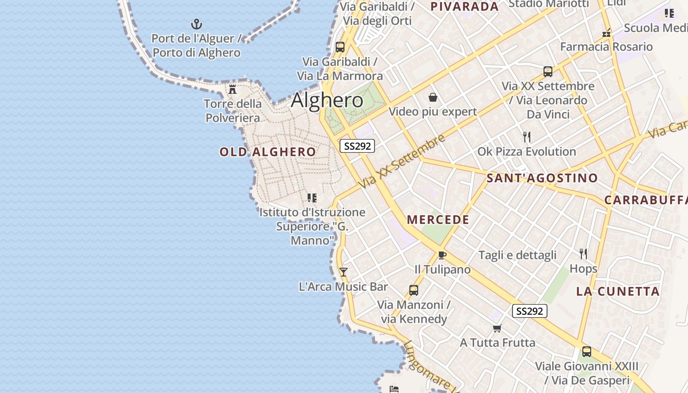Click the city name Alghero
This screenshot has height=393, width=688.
click(327, 100)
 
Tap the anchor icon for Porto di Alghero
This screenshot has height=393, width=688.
click(197, 24)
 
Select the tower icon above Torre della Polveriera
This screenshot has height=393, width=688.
click(232, 89)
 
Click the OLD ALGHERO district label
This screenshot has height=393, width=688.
click(268, 152)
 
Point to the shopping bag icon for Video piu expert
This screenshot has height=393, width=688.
click(433, 97)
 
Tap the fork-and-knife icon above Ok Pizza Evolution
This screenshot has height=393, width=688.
click(527, 137)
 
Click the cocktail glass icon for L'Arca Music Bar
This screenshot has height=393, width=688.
click(344, 272)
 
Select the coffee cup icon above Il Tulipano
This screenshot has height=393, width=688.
click(442, 255)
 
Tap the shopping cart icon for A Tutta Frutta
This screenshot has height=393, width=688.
click(497, 328)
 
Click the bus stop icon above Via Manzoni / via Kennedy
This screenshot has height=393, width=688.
click(414, 290)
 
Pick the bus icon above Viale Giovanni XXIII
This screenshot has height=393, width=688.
click(587, 352)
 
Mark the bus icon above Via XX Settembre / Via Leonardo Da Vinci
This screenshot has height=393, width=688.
click(548, 72)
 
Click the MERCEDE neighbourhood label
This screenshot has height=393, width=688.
click(438, 220)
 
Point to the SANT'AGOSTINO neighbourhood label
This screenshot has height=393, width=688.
click(542, 178)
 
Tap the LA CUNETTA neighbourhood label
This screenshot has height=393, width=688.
click(618, 291)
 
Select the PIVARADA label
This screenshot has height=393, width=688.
click(464, 6)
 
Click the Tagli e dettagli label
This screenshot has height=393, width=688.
click(517, 255)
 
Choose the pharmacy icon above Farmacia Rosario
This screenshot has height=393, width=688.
click(606, 33)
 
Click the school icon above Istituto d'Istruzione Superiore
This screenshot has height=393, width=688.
click(312, 198)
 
